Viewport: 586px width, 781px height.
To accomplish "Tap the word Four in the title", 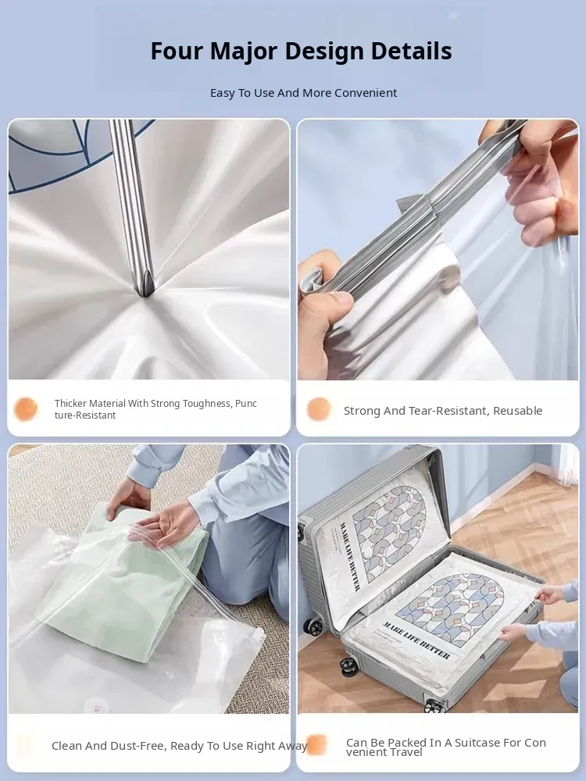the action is tap(177, 51).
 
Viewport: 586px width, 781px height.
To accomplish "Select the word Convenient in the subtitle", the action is tap(366, 93).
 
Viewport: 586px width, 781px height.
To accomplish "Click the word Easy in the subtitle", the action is tap(221, 93).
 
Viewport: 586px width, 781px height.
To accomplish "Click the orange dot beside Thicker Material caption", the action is tap(26, 409).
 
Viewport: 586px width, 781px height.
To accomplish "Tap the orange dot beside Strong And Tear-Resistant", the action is tap(319, 409).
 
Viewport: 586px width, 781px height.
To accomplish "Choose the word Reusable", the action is tap(518, 411).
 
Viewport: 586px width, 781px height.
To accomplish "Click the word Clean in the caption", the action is tap(66, 746).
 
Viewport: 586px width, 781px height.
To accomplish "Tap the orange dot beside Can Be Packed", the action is tap(316, 745).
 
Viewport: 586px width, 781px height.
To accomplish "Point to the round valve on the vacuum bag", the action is tap(96, 705).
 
